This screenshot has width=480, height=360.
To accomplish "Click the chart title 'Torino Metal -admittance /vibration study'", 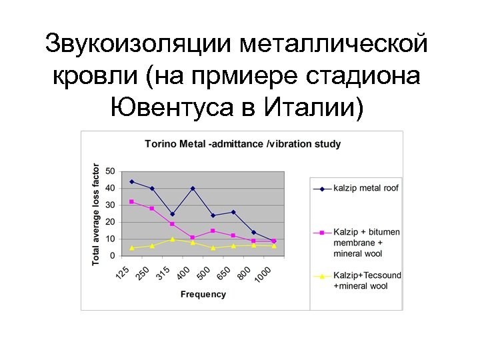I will coord(243,143).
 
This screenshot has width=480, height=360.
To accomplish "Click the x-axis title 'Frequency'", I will coord(203,294).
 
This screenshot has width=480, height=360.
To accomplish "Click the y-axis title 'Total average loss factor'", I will coord(96,213).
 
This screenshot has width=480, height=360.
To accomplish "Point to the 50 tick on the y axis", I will coord(110,171).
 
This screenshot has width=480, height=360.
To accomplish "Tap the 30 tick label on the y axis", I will coord(110,205).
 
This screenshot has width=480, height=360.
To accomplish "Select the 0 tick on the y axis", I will coord(112,256).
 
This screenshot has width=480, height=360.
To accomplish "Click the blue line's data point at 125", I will coord(132,181).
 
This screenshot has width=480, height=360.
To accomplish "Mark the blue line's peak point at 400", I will coord(193,188).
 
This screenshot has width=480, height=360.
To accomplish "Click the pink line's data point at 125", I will coord(132,201).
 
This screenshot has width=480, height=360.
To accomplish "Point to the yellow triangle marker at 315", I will coord(173,239).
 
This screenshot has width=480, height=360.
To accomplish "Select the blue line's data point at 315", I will coord(173,214).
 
